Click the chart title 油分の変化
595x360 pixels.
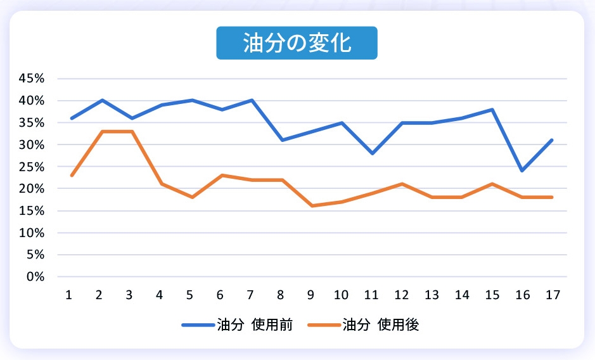pos(297,43)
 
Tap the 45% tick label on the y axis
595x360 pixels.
pos(32,79)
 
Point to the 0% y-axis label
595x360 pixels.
pos(35,277)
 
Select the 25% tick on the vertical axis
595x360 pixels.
pos(32,167)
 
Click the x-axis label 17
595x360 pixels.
pos(552,295)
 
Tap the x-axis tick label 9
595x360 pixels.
pos(312,295)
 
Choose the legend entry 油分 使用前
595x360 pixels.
pos(237,325)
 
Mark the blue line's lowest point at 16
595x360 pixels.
pos(522,170)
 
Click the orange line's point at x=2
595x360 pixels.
pos(101,131)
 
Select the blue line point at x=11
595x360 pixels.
pos(372,153)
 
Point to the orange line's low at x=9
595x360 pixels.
pos(312,206)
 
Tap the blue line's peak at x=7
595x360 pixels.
pos(252,100)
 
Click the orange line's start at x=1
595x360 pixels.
pos(72,176)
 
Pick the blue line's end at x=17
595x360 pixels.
pos(552,140)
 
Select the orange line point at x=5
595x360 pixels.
pos(191,197)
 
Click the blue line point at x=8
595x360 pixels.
pos(282,140)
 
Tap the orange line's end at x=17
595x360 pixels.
pos(552,197)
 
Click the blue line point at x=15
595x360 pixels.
pos(492,109)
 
